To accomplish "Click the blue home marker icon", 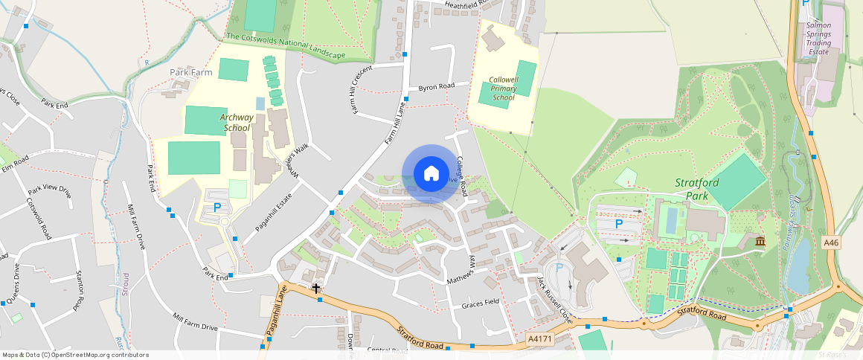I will (x=431, y=174).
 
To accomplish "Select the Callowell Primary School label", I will (x=504, y=89).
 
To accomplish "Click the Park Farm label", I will (x=191, y=72).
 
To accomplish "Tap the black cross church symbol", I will (x=316, y=287).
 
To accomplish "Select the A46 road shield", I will (x=832, y=242).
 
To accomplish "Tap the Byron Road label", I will (x=436, y=87).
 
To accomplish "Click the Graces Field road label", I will (x=480, y=303).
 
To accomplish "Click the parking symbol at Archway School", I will (x=217, y=208).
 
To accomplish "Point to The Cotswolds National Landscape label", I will (x=286, y=46).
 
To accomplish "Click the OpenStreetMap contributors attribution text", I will (x=75, y=355).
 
